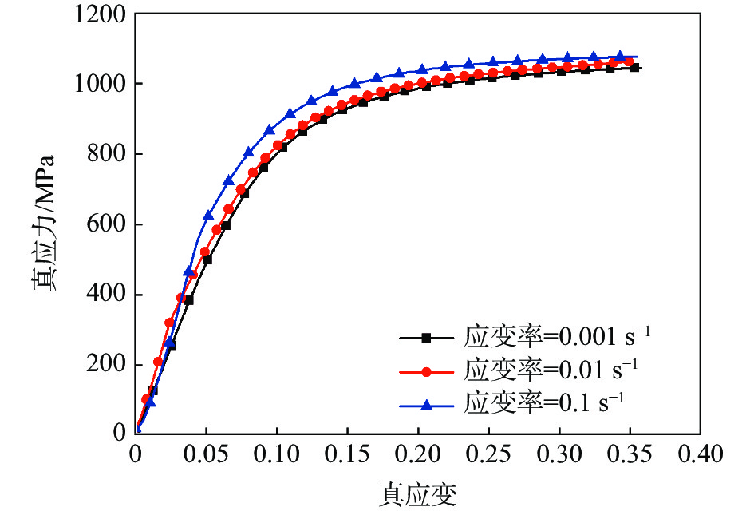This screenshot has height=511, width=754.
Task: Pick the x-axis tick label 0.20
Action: tap(416, 456)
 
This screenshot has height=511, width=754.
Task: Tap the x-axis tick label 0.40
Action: tap(698, 456)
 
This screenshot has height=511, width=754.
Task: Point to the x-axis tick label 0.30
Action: tap(558, 456)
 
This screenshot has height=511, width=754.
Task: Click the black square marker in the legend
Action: tap(426, 338)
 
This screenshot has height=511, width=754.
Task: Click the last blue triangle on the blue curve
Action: tap(619, 57)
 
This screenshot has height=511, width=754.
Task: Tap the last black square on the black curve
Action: tap(635, 68)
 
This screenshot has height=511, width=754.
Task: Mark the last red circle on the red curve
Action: tap(629, 61)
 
